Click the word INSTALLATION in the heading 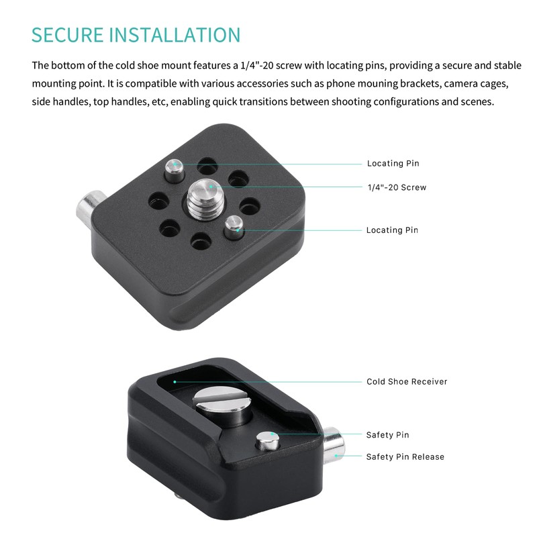[x=181, y=35]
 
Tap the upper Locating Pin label [x=393, y=164]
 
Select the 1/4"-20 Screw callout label [x=396, y=187]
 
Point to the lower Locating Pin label [x=392, y=230]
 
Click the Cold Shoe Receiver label [x=407, y=382]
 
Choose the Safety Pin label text [x=387, y=436]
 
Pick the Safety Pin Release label [x=405, y=457]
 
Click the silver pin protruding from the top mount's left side [x=87, y=207]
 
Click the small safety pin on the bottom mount [x=266, y=440]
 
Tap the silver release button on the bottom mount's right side [x=334, y=448]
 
